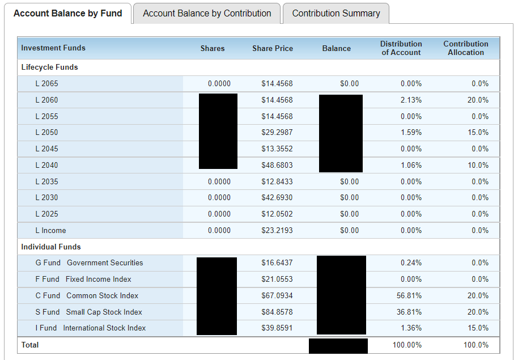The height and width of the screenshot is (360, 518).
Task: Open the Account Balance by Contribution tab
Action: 207,13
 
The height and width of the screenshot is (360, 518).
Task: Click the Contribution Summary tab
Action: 336,13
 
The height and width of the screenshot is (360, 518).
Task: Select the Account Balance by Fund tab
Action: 67,13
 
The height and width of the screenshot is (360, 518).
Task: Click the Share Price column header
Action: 273,48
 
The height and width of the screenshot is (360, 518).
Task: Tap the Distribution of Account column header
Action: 401,48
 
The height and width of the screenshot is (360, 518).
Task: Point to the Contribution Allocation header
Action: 465,48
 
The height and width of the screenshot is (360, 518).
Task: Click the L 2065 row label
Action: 46,83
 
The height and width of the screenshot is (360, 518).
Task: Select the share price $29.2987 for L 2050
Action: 277,132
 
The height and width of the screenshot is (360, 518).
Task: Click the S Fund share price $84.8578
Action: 277,312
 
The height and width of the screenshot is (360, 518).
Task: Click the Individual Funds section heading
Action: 51,247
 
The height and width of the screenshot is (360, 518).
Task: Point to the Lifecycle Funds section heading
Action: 49,67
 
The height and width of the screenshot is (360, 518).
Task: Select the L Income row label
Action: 50,230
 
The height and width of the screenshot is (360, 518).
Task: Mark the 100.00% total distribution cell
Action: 407,345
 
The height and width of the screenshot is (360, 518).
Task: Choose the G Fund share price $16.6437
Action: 277,262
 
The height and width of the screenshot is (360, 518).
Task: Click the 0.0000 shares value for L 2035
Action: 219,181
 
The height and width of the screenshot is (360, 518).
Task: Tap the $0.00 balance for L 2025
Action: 349,214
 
